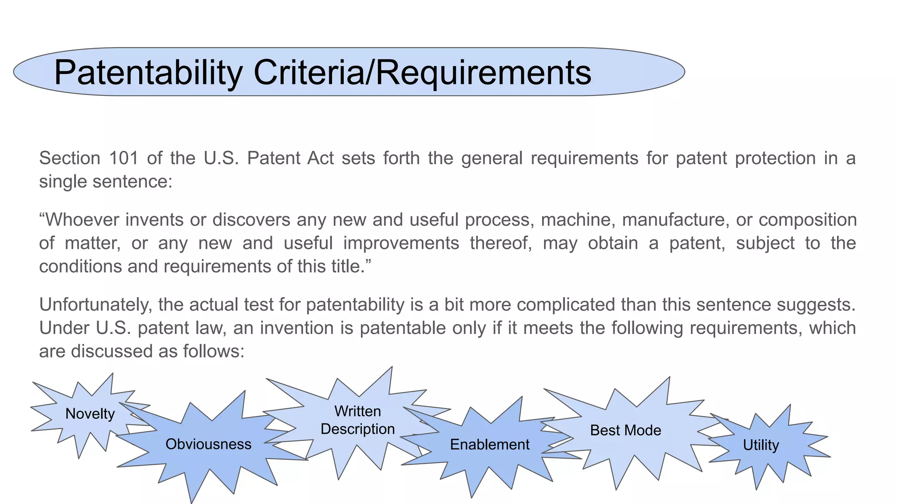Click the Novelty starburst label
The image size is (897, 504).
click(90, 413)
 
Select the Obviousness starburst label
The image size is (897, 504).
click(208, 444)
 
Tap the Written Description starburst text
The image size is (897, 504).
click(357, 420)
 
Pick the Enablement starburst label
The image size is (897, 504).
click(490, 444)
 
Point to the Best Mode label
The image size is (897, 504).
click(625, 430)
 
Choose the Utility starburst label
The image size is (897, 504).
click(761, 445)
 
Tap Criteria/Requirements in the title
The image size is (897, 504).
click(422, 72)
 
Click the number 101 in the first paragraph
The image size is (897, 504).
click(124, 158)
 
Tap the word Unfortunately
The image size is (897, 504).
click(95, 304)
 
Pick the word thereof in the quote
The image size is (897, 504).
click(501, 243)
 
